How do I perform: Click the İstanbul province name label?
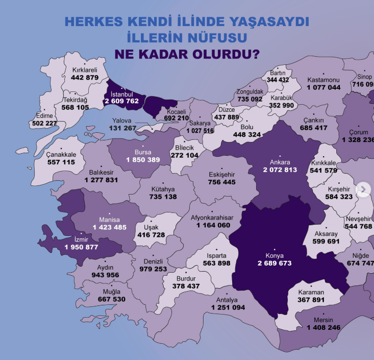121,94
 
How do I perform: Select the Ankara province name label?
280,162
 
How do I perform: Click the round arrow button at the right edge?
363,189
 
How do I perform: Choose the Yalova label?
122,121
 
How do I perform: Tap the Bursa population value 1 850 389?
143,160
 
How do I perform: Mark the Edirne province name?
43,115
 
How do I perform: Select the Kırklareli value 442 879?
85,78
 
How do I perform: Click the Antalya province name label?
228,300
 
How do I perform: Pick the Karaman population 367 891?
311,300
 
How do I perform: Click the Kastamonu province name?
323,80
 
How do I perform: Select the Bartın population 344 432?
278,80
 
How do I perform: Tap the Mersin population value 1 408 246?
323,327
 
